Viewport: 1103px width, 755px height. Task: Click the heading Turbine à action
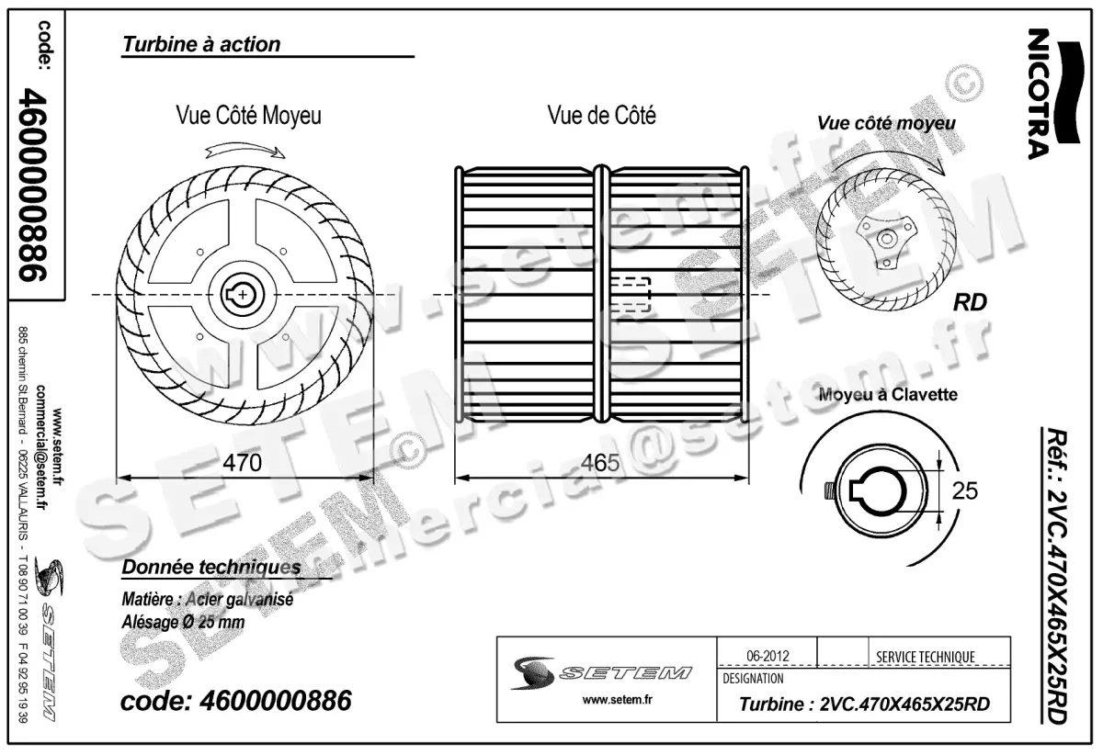(201, 44)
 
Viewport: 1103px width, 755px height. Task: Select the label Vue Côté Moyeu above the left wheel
(248, 116)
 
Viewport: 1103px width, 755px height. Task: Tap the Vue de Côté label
(601, 116)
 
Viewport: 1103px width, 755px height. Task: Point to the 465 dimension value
(601, 462)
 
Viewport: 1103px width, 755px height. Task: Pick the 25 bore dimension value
(964, 491)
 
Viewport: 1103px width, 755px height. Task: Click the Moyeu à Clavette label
(889, 395)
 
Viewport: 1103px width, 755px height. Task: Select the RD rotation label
(970, 302)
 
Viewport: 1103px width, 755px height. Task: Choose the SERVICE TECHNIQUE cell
(926, 657)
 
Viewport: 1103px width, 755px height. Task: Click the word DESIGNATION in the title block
(754, 679)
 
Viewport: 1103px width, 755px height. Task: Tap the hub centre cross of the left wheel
(242, 294)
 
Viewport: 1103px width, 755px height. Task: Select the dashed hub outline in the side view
(631, 295)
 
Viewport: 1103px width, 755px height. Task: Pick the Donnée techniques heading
(210, 568)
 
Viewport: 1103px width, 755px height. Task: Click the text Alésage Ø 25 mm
(183, 622)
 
